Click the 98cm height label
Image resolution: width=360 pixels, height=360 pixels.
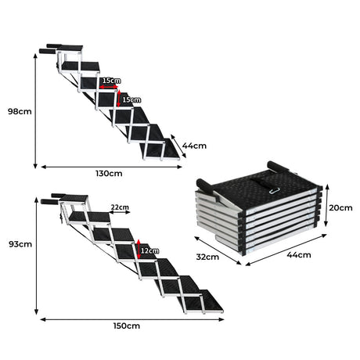click(20, 111)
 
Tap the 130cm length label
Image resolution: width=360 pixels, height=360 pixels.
click(109, 174)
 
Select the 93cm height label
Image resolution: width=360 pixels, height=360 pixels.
click(20, 244)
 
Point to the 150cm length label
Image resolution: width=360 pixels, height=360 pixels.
click(127, 326)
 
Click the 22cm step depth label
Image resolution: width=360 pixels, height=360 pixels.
click(120, 207)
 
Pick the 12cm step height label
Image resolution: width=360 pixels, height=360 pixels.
click(149, 250)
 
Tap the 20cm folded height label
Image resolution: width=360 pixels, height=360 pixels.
click(340, 208)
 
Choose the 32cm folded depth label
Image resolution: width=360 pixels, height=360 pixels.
click(207, 257)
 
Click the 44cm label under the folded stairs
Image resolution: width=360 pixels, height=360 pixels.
click(299, 255)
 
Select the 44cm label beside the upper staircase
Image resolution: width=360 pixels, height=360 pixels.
click(194, 146)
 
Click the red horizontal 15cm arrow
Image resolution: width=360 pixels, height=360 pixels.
click(109, 87)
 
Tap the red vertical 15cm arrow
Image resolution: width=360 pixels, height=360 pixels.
click(119, 99)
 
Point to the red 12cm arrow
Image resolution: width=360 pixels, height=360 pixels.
click(139, 249)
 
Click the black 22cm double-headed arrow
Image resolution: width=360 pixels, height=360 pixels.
click(120, 212)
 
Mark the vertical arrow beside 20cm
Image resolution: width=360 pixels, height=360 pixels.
click(326, 205)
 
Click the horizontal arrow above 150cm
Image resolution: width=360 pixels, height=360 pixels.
click(132, 319)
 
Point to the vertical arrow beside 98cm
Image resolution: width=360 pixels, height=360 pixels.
click(35, 111)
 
